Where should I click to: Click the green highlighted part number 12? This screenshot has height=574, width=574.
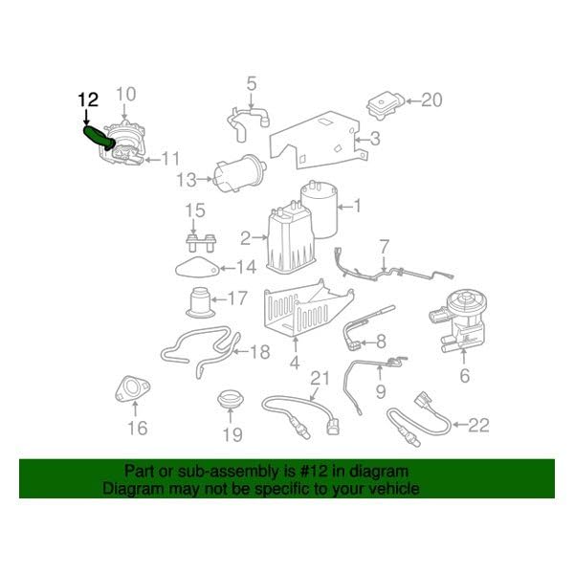97,137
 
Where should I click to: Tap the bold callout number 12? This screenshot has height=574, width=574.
88,99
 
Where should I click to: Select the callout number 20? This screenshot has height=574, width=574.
431,99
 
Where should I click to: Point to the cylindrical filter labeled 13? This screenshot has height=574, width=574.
240,173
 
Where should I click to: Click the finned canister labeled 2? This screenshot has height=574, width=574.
292,240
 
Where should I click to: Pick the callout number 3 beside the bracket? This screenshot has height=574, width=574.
375,139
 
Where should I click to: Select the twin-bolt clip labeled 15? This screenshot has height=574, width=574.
201,242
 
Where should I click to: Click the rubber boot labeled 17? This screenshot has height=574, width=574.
200,302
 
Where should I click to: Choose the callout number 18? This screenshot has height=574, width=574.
260,352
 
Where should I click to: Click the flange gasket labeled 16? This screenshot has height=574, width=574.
132,388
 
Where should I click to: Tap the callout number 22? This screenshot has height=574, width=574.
479,425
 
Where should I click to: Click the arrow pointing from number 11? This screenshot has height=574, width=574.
153,160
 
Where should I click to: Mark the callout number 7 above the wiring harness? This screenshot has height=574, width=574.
384,248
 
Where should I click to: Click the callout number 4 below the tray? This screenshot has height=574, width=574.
295,363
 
